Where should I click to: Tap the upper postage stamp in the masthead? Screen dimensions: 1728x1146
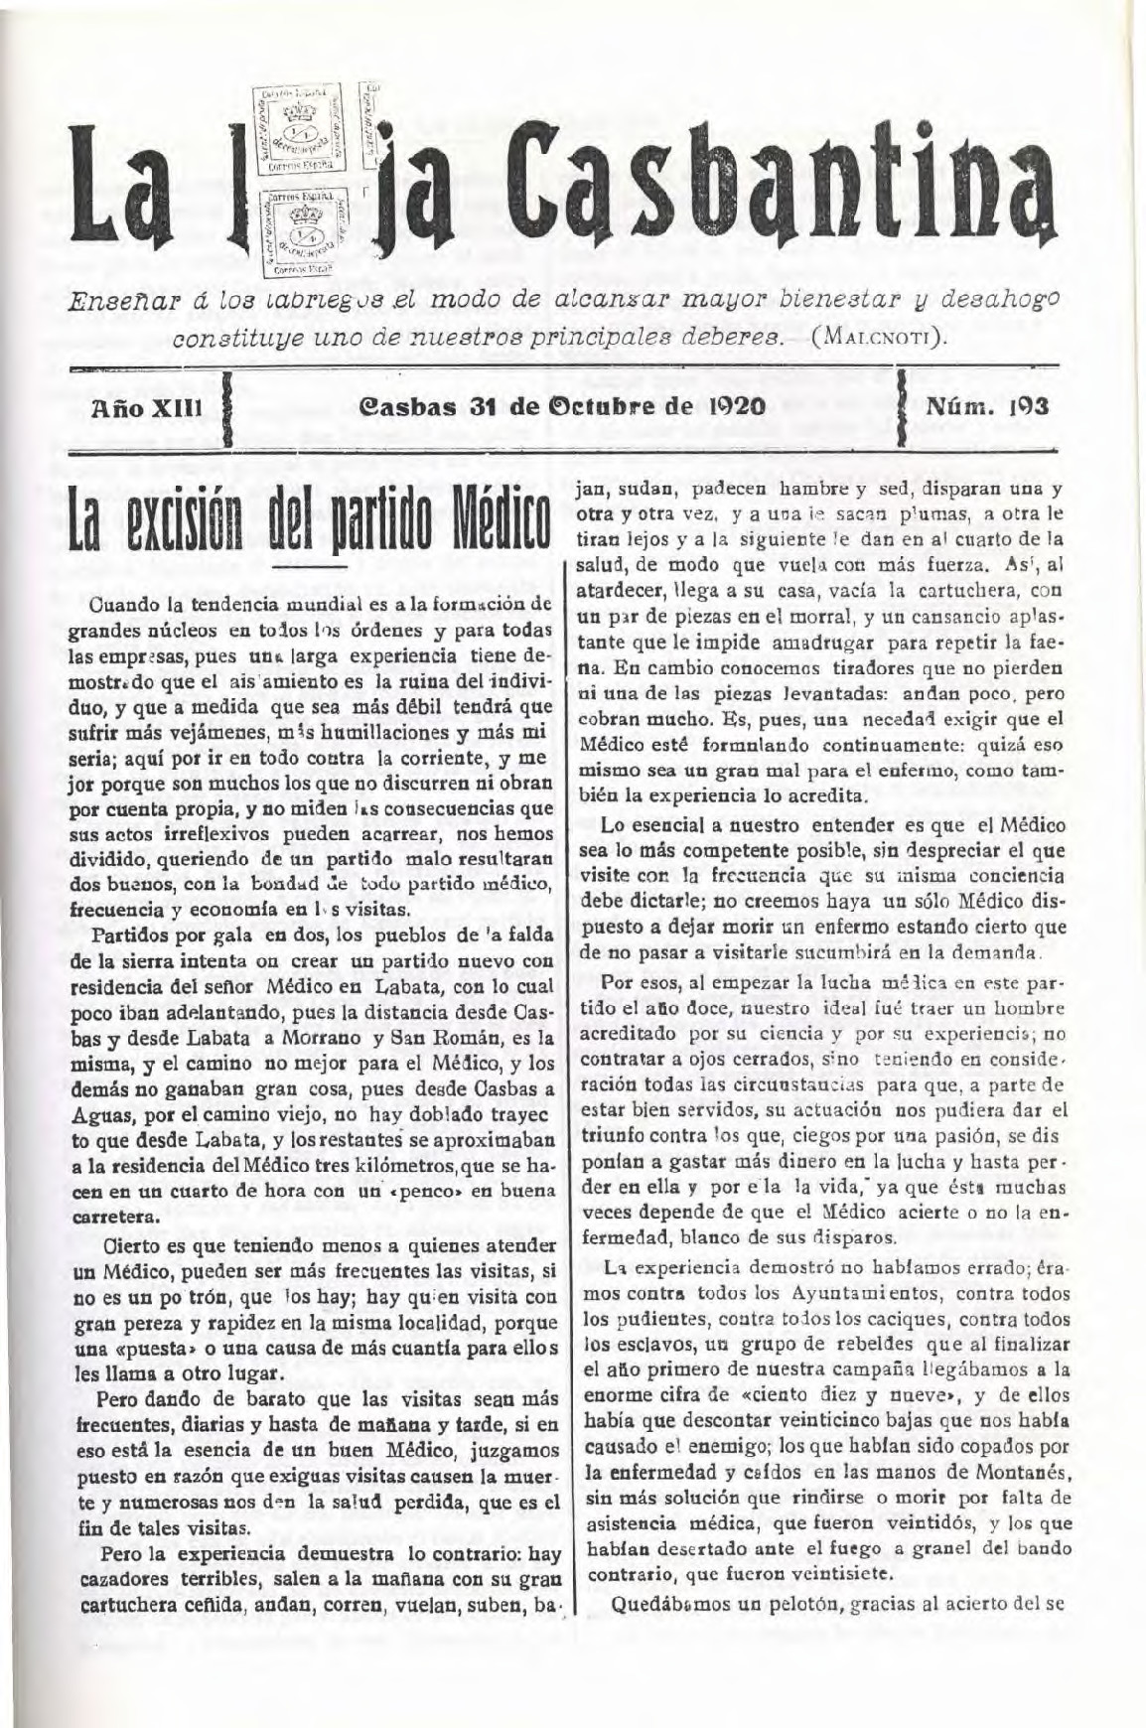(299, 130)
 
